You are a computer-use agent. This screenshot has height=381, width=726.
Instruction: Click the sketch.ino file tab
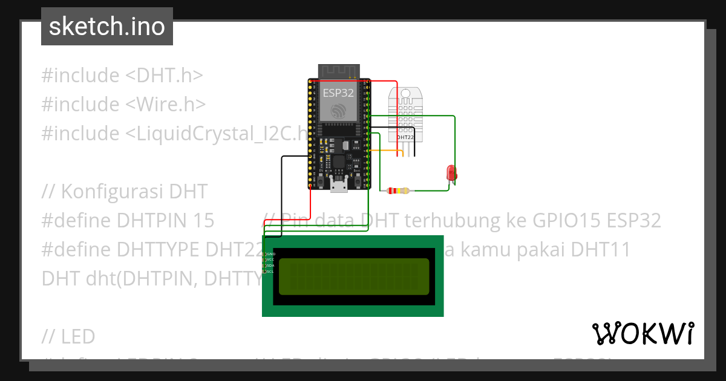(107, 27)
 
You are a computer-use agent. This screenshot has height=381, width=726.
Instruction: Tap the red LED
(451, 173)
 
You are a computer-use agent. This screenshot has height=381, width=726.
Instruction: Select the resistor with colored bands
(397, 191)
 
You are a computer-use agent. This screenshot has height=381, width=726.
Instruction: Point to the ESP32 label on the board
(338, 93)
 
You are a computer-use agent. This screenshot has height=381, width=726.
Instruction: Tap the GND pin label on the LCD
(270, 253)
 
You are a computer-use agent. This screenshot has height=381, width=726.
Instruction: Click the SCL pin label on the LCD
(270, 272)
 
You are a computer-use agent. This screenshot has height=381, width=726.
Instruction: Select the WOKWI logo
(643, 333)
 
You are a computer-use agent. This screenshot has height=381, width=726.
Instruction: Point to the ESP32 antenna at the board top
(338, 71)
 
